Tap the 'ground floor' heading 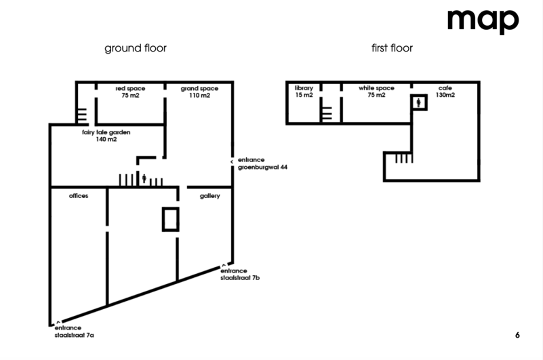tap(136, 48)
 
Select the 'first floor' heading tap(392, 48)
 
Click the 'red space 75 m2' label tap(129, 92)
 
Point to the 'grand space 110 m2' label tap(199, 92)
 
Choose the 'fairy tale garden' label tap(106, 136)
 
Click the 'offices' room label tap(79, 195)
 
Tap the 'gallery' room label tap(210, 195)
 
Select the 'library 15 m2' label tap(304, 92)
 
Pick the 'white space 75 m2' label tap(376, 92)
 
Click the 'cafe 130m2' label tap(445, 92)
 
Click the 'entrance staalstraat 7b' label tap(241, 275)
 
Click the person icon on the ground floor tap(144, 180)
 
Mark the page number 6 tap(517, 335)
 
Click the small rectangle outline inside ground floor tap(170, 220)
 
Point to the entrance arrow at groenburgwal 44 tap(233, 161)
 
